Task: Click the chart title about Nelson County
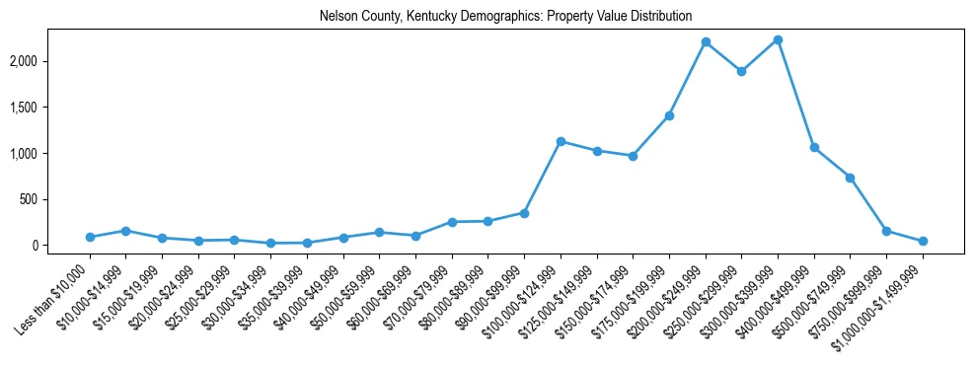pos(505,17)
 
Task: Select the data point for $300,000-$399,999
pos(778,40)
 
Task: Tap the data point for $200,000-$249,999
pos(706,42)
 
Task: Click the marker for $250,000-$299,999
pos(741,71)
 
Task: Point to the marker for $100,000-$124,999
pos(561,141)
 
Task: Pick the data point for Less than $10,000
pos(90,237)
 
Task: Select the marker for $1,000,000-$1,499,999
pos(923,241)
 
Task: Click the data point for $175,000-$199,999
pos(669,115)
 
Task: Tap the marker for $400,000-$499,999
pos(814,147)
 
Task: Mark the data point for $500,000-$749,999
pos(850,178)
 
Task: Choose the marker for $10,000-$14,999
pos(125,231)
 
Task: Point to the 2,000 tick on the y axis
pos(49,61)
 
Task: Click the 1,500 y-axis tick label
pos(49,108)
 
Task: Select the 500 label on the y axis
pos(55,199)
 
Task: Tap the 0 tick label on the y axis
pos(61,246)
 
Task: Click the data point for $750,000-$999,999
pos(886,231)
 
